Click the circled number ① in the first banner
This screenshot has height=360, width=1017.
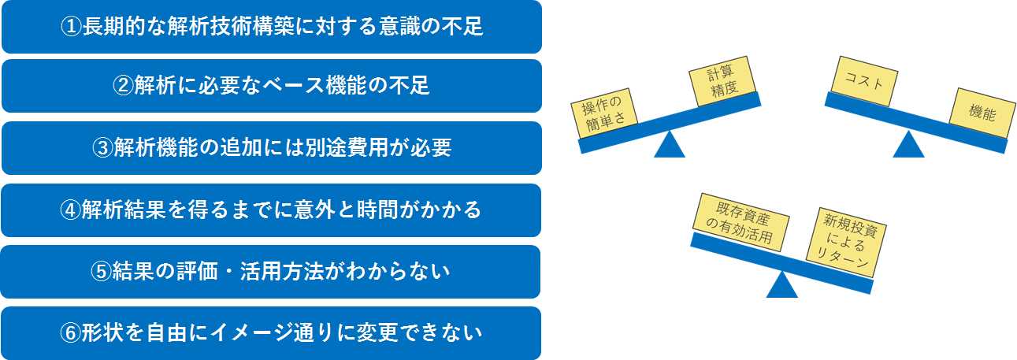pyautogui.click(x=71, y=26)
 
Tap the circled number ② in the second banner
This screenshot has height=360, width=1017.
pyautogui.click(x=123, y=85)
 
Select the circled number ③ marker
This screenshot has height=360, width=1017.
pyautogui.click(x=102, y=147)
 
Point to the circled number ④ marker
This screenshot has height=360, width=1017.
pyautogui.click(x=70, y=210)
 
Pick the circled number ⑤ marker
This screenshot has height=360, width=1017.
pyautogui.click(x=101, y=271)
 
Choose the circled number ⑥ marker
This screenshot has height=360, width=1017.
pyautogui.click(x=70, y=332)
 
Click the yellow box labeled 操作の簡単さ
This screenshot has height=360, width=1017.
pyautogui.click(x=604, y=113)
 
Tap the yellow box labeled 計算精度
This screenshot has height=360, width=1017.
pyautogui.click(x=722, y=81)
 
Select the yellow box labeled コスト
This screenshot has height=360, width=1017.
pyautogui.click(x=864, y=81)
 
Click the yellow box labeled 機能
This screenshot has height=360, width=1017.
pyautogui.click(x=982, y=113)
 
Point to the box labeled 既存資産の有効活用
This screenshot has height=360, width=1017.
pyautogui.click(x=741, y=222)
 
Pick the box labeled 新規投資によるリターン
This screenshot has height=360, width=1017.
pyautogui.click(x=846, y=243)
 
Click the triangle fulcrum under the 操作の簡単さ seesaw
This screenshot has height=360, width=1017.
pyautogui.click(x=670, y=144)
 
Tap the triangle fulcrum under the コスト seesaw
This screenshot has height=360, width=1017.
pyautogui.click(x=908, y=144)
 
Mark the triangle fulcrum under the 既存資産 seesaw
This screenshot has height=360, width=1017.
pyautogui.click(x=781, y=284)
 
